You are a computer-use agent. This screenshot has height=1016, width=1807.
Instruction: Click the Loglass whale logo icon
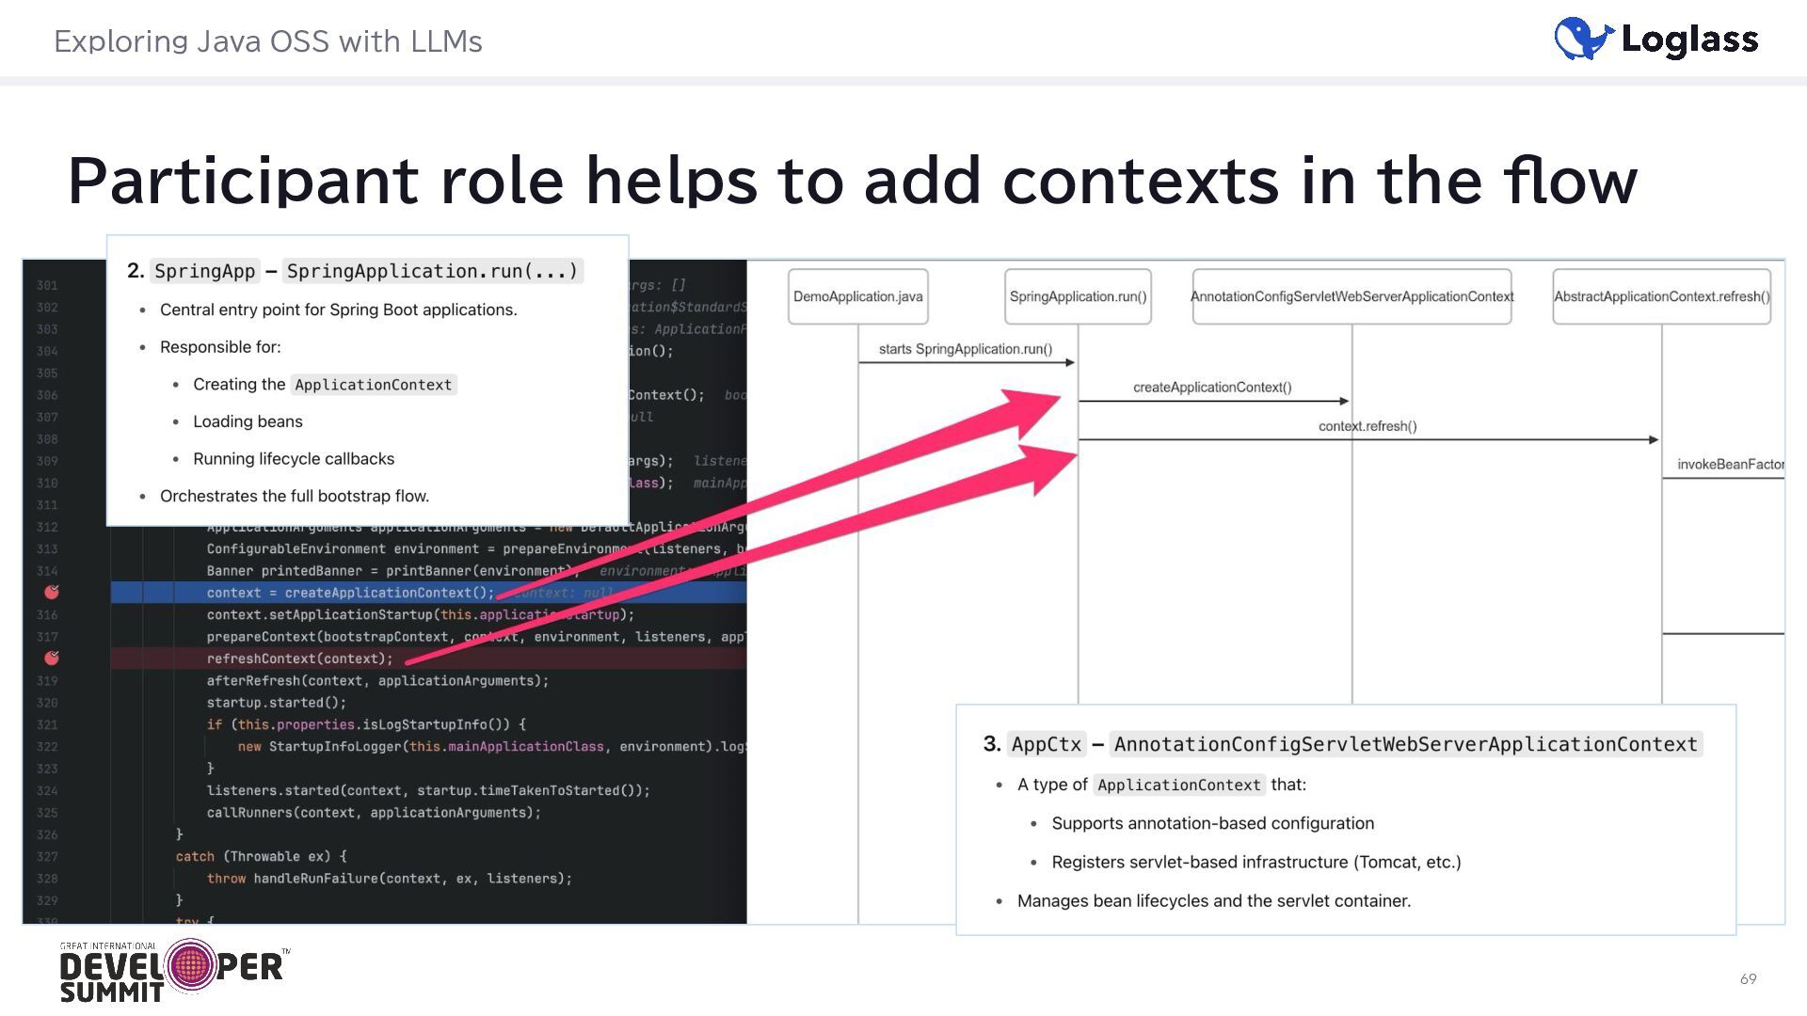[1583, 40]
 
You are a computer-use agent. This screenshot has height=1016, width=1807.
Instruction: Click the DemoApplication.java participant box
[857, 296]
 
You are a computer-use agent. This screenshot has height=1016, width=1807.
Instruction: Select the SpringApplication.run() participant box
[1078, 296]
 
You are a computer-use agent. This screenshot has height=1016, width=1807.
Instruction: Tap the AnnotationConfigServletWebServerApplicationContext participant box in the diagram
[1351, 296]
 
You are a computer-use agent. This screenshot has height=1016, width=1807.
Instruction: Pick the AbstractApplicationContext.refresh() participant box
[1661, 296]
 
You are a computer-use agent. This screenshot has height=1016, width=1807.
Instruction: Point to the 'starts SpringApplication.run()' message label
[965, 349]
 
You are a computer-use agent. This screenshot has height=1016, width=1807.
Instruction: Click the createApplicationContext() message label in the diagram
[1212, 388]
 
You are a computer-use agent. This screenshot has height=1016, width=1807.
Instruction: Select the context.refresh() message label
[1367, 426]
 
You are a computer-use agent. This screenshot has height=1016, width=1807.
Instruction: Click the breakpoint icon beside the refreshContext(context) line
[52, 658]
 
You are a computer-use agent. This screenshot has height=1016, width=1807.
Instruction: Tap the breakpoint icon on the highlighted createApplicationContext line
[52, 592]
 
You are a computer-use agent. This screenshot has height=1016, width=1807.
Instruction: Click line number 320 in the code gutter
[47, 703]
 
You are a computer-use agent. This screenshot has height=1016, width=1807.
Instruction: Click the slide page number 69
[1748, 979]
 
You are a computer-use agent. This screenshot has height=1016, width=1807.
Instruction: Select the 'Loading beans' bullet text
[248, 421]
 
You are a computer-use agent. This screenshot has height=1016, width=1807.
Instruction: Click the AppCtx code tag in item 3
[1046, 744]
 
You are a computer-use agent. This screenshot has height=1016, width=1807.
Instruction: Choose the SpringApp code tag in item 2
[204, 272]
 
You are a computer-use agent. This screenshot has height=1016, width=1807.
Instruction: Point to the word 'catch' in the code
[195, 857]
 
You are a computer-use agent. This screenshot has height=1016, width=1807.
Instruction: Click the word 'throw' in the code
[226, 879]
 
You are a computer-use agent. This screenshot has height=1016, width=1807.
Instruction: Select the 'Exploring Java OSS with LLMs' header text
[267, 41]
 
